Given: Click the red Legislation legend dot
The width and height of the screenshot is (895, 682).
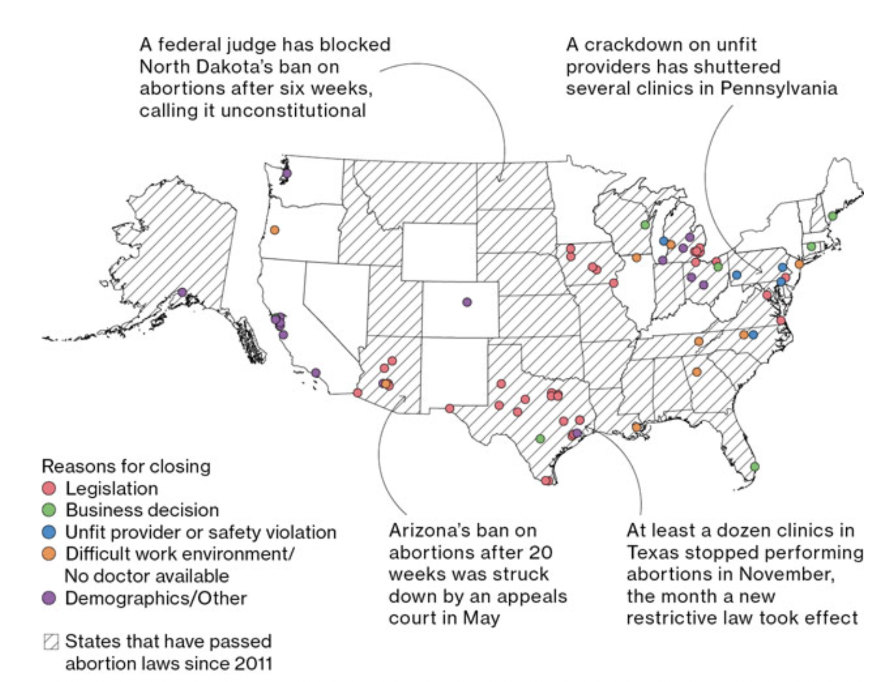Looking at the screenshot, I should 49,489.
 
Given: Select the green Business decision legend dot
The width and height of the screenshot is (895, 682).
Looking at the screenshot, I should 49,510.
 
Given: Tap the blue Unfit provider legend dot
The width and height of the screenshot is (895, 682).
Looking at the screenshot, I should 49,532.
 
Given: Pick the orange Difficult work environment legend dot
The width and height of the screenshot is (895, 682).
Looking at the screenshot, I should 49,554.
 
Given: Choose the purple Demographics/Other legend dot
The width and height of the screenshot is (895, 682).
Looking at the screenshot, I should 49,598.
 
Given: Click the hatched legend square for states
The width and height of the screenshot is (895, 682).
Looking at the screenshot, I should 51,642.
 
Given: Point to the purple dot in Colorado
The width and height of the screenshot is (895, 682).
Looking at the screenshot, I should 467,302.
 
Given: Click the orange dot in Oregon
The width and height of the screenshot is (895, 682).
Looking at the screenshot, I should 274,230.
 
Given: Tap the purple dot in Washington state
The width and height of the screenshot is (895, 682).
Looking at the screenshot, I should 287,173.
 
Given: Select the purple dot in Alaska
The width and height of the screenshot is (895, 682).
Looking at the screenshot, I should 182,292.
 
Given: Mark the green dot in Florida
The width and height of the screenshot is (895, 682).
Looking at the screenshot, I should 755,466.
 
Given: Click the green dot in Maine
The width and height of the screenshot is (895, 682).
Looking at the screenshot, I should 832,216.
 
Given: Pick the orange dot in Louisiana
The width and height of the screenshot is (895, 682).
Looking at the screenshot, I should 636,427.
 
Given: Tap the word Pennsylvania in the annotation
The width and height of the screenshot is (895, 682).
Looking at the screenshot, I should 779,89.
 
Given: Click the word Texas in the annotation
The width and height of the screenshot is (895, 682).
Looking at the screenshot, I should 647,552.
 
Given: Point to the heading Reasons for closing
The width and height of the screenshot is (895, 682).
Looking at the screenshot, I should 126,466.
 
